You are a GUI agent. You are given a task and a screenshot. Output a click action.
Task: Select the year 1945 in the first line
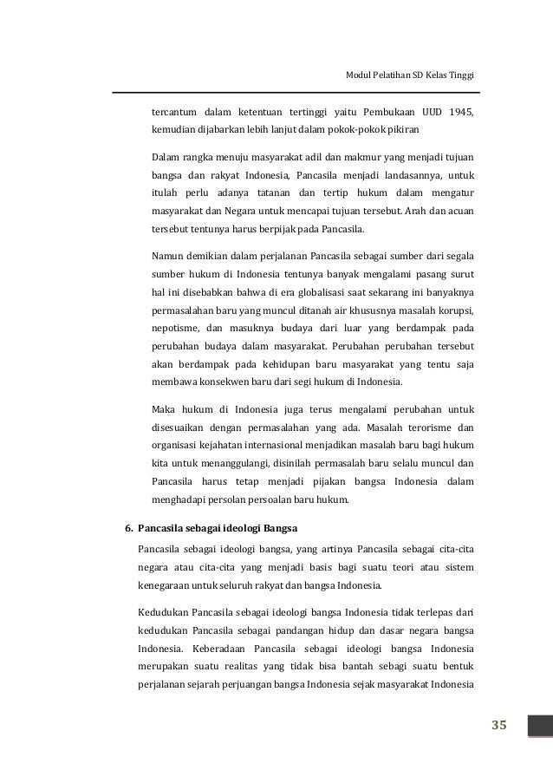coord(462,113)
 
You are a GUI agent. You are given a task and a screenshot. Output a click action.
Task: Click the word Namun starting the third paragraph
coord(168,256)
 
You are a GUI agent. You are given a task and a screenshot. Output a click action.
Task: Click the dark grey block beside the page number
coord(541,725)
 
